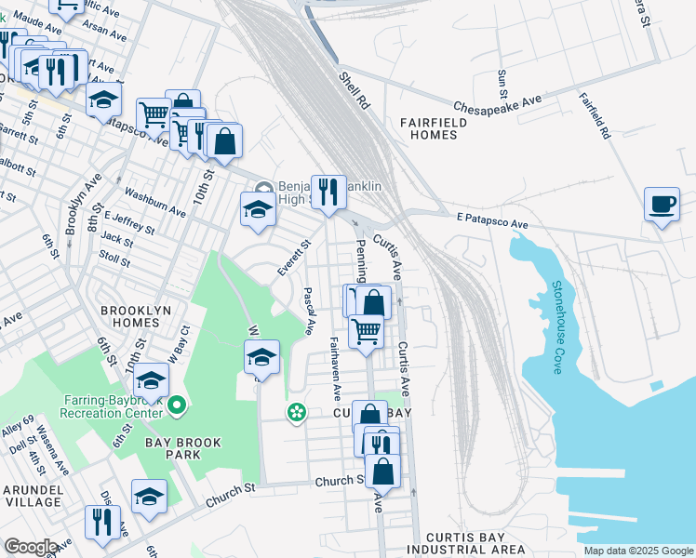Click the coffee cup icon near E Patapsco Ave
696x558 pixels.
pyautogui.click(x=662, y=204)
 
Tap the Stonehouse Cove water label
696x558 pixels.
pyautogui.click(x=558, y=328)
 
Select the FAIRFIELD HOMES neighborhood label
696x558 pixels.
pyautogui.click(x=429, y=128)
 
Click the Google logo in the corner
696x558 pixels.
pyautogui.click(x=31, y=547)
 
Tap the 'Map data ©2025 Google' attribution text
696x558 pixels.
pyautogui.click(x=637, y=551)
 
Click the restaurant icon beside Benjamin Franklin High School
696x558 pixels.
pyautogui.click(x=328, y=193)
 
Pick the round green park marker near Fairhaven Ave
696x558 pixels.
pyautogui.click(x=297, y=411)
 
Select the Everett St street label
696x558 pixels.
pyautogui.click(x=293, y=257)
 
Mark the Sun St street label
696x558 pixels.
pyautogui.click(x=502, y=84)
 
